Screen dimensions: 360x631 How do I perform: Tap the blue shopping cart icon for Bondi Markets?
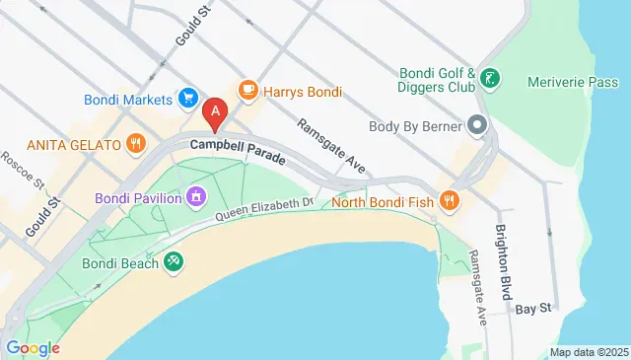(186, 98)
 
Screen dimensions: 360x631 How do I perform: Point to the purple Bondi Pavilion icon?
(197, 198)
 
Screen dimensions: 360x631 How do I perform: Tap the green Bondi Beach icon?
(174, 259)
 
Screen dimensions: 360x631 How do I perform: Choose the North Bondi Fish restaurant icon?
(450, 202)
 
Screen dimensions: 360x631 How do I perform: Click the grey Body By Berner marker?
(478, 125)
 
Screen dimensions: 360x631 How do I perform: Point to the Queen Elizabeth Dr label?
(264, 208)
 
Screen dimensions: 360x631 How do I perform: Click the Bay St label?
(531, 309)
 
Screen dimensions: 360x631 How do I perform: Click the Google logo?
(33, 347)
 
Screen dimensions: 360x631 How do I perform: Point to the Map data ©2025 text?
(588, 352)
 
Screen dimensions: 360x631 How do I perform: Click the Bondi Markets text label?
(128, 98)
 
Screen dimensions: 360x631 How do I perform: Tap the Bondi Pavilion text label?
(138, 198)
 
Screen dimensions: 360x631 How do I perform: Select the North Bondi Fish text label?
(385, 203)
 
